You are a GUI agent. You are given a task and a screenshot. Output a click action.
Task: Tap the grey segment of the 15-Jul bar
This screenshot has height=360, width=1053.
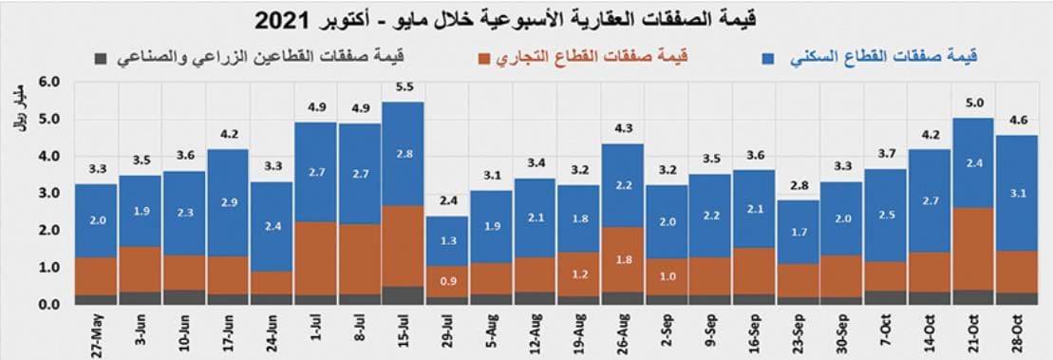403,295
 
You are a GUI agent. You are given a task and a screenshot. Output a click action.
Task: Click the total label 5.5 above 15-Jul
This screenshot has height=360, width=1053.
403,87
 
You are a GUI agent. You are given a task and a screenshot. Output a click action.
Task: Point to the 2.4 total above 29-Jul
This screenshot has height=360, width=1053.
446,201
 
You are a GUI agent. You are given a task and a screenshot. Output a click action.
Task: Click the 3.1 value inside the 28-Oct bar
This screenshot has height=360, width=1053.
1017,194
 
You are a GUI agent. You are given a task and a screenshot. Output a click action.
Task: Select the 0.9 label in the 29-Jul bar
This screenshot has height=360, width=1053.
446,281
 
